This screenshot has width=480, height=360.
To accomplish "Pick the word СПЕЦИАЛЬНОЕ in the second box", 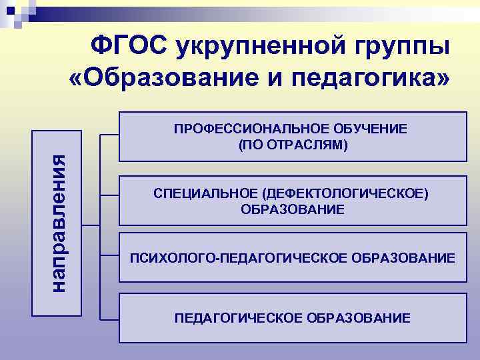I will point(205,194).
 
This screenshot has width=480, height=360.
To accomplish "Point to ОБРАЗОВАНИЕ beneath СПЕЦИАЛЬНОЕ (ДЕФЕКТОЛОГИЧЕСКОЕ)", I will point(293,209).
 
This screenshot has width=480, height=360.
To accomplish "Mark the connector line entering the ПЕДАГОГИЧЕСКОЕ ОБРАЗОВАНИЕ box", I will point(109,318).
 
